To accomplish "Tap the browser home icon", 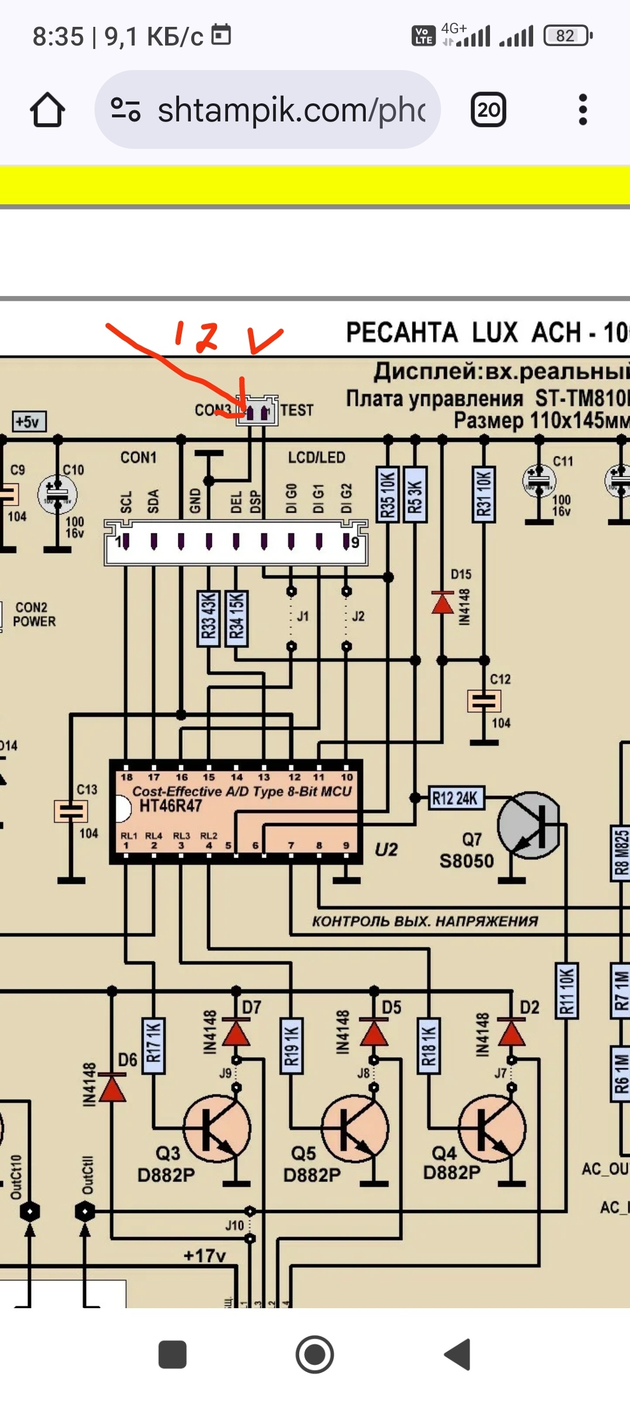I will click(47, 110).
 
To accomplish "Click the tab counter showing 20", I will click(488, 110).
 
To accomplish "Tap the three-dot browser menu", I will click(582, 110).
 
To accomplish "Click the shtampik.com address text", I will click(292, 110).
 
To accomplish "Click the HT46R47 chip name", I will click(170, 806).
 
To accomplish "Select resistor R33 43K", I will click(208, 618).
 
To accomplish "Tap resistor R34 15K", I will click(236, 618).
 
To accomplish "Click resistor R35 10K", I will click(388, 494).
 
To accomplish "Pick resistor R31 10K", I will click(484, 494).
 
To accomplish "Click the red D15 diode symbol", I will click(442, 603).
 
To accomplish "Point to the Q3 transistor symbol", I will click(217, 1128).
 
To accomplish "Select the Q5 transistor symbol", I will click(355, 1128).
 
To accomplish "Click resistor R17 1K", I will click(153, 1045).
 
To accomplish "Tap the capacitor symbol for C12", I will click(484, 700).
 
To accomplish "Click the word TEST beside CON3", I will click(297, 410).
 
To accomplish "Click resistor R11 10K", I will click(566, 991).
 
